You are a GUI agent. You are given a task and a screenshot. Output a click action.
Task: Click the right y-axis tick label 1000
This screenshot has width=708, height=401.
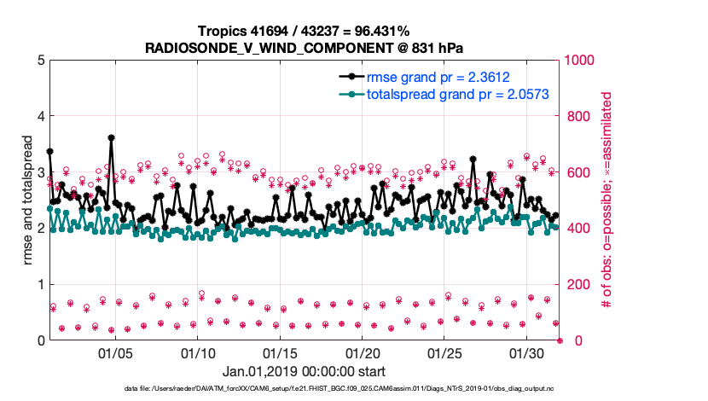pos(583,61)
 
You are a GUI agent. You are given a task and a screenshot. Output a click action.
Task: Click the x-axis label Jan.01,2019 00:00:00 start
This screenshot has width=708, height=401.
pos(304,372)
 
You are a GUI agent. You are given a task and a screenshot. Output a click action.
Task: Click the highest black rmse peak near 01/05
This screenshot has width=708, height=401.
pos(112,137)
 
